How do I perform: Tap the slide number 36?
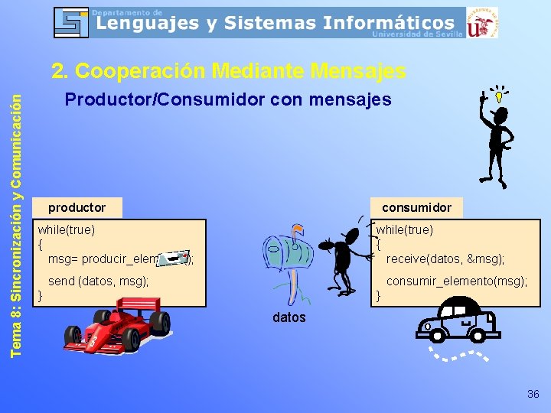pos(533,394)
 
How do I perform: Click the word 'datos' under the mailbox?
pos(289,317)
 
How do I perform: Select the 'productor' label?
pos(77,207)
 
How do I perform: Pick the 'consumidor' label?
pos(416,207)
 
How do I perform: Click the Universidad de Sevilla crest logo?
pos(481,23)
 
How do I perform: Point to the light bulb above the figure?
pos(498,97)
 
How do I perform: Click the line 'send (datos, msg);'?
pos(98,281)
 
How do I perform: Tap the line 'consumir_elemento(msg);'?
pos(456,281)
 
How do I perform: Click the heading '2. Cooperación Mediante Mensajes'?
pos(228,71)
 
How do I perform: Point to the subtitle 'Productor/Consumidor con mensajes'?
pos(228,99)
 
